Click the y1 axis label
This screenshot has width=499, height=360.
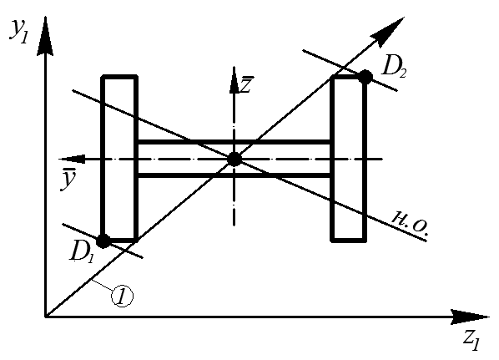(x=19, y=31)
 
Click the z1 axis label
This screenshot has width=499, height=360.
(x=471, y=340)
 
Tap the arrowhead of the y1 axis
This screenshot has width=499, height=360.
(x=45, y=36)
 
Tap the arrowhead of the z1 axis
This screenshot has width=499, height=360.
(x=471, y=317)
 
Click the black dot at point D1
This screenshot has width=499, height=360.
(x=103, y=241)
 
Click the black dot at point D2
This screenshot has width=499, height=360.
(x=365, y=77)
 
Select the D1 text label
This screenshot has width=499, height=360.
(x=82, y=251)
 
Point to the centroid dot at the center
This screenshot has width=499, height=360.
(x=234, y=159)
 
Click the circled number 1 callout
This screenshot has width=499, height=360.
(x=122, y=296)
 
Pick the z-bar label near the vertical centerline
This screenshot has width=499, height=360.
(x=247, y=84)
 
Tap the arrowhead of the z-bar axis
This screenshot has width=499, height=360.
(x=234, y=80)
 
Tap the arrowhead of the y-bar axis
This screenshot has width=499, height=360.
(x=73, y=159)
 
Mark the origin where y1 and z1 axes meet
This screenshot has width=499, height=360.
(x=46, y=317)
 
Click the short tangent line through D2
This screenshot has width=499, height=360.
(x=350, y=70)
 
